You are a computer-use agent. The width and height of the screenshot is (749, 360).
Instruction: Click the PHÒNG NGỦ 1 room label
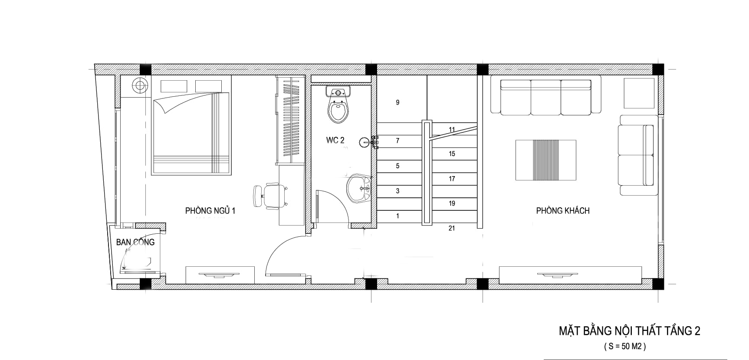point(210,211)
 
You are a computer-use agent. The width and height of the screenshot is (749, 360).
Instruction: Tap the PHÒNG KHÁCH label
point(563,211)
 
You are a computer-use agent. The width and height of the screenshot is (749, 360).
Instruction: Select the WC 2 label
point(335,140)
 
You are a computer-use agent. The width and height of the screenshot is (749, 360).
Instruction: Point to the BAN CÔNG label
point(135,242)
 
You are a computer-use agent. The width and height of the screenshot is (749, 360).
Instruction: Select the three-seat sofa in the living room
point(545,97)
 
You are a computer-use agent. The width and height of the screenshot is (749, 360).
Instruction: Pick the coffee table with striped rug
point(546,160)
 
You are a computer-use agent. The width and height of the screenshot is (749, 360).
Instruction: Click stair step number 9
point(397,102)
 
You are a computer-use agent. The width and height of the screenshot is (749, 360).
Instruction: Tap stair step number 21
point(452,228)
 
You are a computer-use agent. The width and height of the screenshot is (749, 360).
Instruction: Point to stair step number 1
point(397,216)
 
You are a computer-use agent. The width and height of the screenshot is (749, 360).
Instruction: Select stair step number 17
point(452,178)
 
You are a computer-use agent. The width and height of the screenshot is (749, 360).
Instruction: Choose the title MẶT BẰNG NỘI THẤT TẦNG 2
point(629,331)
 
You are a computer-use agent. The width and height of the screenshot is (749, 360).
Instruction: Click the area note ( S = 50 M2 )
point(625,347)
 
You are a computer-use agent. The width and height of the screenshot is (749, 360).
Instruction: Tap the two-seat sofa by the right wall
point(637,155)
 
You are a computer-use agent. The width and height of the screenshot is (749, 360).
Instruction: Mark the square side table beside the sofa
point(639,93)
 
